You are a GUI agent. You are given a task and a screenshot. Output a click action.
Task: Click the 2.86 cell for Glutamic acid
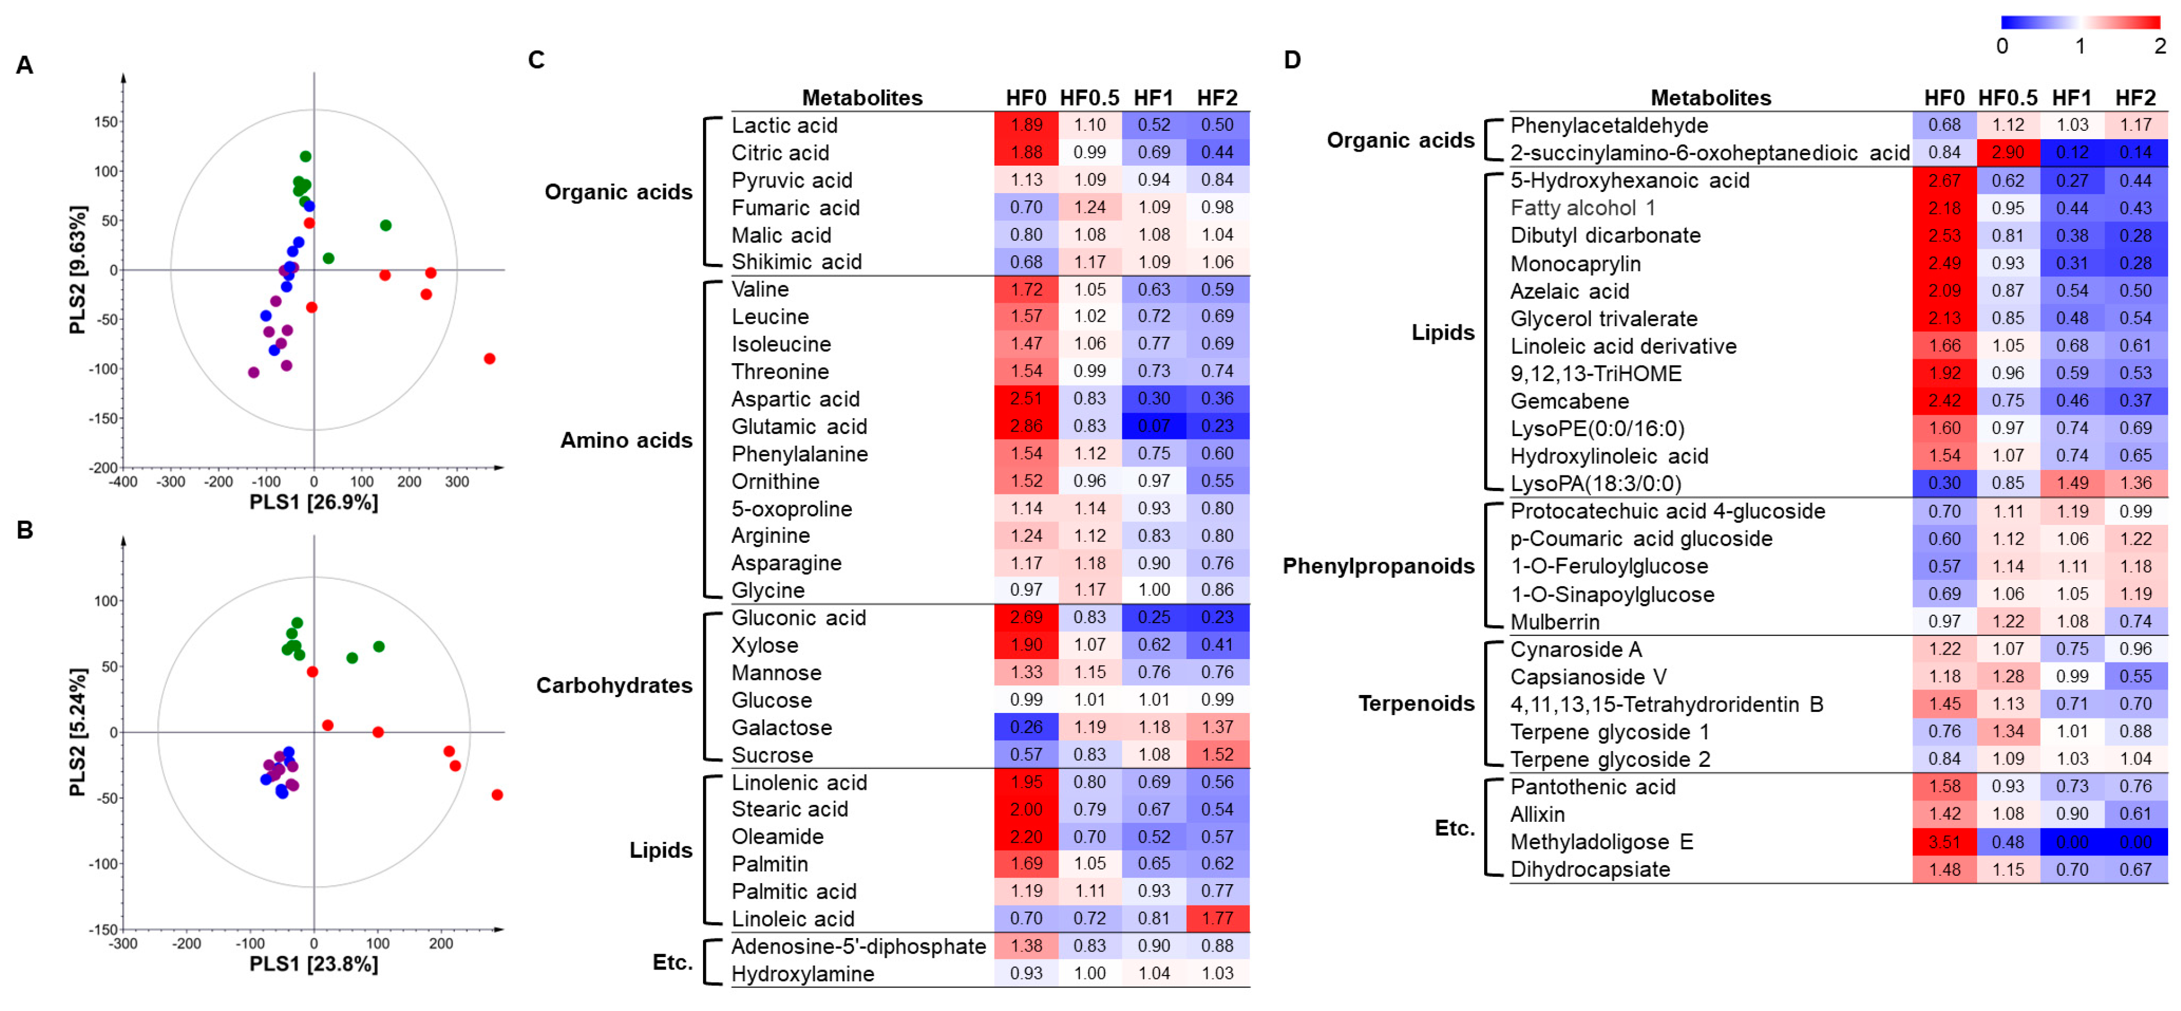coord(1025,426)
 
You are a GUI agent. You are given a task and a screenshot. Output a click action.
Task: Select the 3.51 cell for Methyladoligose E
coord(1944,841)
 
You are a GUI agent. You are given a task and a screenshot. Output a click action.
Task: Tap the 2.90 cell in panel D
coord(2007,153)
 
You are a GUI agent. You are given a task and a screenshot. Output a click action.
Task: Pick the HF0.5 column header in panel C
coord(1089,98)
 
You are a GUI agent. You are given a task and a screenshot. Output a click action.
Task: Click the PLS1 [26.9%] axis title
coord(313,502)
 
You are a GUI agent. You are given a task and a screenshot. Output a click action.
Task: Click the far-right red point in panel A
coord(489,359)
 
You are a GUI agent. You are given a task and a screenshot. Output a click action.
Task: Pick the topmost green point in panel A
coord(305,157)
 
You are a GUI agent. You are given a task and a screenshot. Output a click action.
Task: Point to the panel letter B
coord(25,530)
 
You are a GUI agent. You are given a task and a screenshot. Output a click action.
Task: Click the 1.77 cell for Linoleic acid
coord(1217,918)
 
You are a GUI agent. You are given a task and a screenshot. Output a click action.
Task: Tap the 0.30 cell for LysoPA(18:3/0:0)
coord(1944,483)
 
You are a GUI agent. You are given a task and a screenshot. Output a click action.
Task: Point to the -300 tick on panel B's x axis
coord(124,943)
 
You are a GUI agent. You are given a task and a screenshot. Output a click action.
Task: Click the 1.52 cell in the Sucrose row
coord(1217,754)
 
